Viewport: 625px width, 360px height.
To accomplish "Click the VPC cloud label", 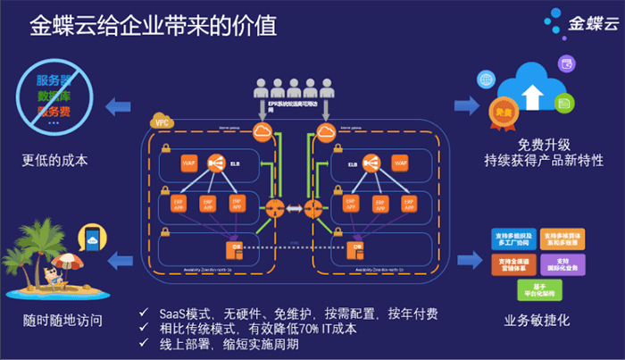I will point(162,121).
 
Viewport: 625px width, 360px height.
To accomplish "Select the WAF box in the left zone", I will point(188,163).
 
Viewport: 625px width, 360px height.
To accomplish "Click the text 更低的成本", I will point(55,161).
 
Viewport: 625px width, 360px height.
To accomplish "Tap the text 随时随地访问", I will point(56,319).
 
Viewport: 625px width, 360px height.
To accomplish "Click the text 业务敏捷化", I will point(537,320).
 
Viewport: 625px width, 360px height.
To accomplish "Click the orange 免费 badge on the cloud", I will point(503,114).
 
